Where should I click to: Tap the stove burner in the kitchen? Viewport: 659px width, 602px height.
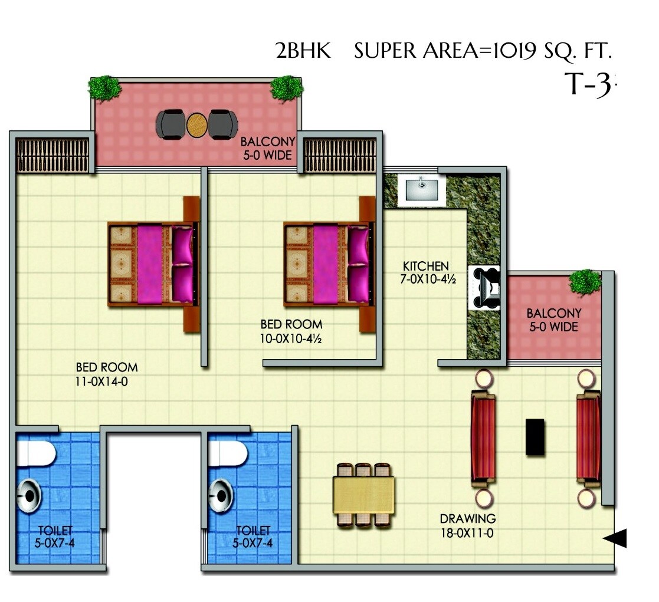click(486, 288)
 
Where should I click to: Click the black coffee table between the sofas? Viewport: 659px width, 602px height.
click(535, 436)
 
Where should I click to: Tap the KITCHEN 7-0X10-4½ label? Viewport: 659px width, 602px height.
click(427, 272)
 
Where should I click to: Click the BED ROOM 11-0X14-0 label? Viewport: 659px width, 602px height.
click(107, 374)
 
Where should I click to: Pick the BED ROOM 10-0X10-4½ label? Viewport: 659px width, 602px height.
click(291, 331)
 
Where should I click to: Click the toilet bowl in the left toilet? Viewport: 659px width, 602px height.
click(37, 455)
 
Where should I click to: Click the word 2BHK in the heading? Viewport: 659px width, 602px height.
click(304, 52)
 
